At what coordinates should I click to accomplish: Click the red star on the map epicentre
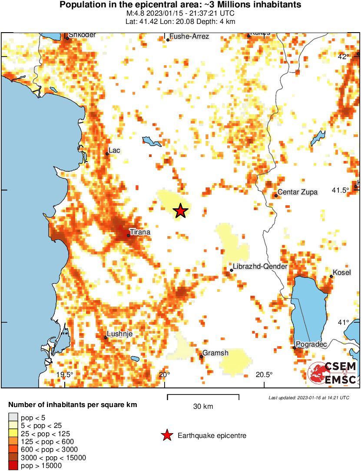pos(181,211)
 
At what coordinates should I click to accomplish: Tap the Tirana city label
pos(140,232)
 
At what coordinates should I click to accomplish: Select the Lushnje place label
pos(120,334)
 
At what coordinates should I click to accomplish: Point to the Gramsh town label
pos(216,353)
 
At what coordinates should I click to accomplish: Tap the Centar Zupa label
pos(297,192)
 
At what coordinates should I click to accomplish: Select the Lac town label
pos(114,150)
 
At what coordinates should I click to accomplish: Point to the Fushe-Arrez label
pos(189,37)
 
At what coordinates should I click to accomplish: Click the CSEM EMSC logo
pos(333,374)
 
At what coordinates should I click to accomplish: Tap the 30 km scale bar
pos(203,396)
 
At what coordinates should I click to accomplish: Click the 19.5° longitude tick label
pos(66,375)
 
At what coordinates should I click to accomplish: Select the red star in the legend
pos(166,435)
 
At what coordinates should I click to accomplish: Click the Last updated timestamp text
pos(308,398)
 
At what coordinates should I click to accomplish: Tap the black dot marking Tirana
pos(128,236)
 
